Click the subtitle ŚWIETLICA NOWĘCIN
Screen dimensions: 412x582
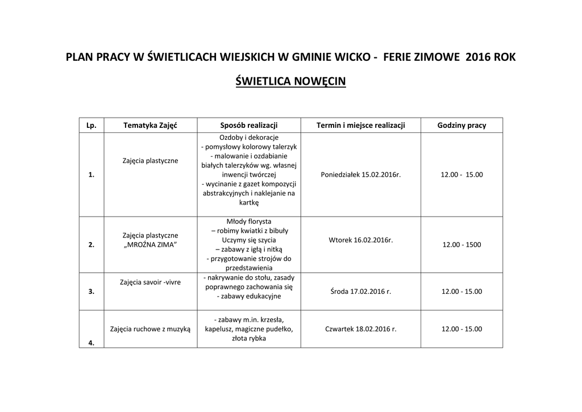pos(290,82)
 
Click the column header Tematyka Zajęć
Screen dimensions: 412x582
pos(150,126)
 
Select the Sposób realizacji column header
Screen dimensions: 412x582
pos(248,126)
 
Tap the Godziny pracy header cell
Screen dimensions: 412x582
pos(462,126)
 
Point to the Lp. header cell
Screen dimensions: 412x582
pos(92,126)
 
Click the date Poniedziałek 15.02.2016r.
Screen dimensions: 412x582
pos(360,174)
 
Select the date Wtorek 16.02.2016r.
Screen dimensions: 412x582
pos(360,240)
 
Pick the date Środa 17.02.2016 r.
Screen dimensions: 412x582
pos(360,292)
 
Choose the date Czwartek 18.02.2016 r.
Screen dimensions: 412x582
pos(360,328)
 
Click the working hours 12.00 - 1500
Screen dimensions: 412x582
pos(462,245)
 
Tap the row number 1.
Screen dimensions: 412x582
pos(92,175)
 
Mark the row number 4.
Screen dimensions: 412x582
pos(92,343)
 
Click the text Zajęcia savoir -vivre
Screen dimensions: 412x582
pos(150,282)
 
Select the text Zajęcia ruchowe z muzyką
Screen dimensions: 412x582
pos(150,328)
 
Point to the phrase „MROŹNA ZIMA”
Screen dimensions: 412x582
pos(150,244)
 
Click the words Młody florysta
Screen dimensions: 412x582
pos(248,221)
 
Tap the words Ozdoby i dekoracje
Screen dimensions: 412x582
pos(248,138)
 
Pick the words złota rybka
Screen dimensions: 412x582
pos(248,338)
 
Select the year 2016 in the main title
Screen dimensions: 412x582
pos(477,57)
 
